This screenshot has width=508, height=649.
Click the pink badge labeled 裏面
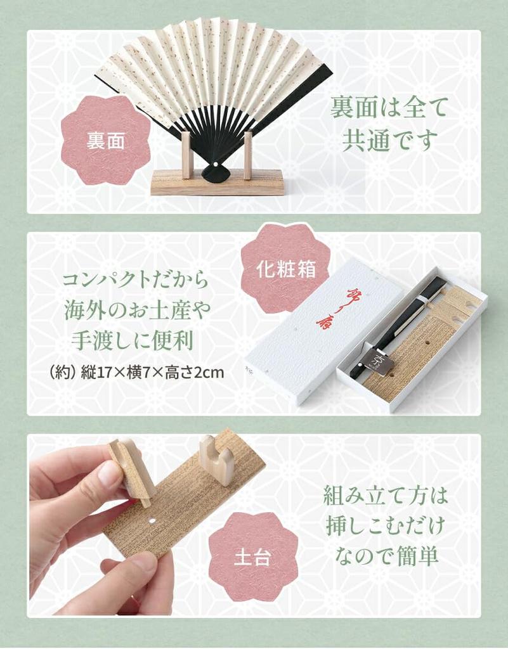point(105,140)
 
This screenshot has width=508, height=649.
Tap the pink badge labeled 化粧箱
point(285,269)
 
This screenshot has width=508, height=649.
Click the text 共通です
point(389,139)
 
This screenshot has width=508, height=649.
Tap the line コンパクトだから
point(136,280)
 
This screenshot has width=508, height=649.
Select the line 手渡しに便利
point(136,340)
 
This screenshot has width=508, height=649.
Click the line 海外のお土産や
point(136,311)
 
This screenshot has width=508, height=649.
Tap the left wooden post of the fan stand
point(186,155)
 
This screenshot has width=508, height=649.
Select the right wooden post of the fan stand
point(247,155)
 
